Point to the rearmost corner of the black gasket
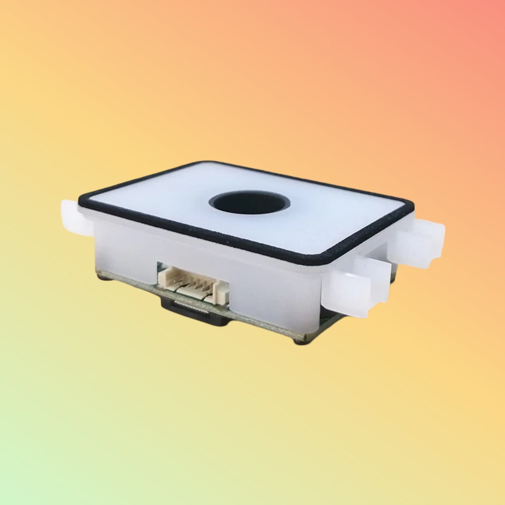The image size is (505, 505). click(204, 163)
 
